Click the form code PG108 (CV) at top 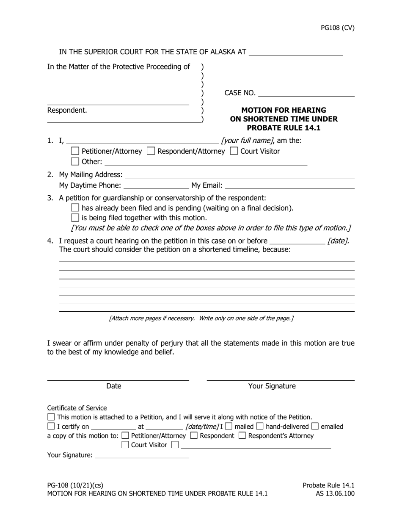click(x=337, y=28)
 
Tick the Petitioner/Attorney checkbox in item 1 click(x=75, y=151)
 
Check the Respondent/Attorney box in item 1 click(x=150, y=151)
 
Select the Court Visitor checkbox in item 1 click(x=234, y=151)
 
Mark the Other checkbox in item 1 click(x=75, y=161)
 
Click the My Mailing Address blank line click(x=240, y=175)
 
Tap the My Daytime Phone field click(x=156, y=185)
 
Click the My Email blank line click(x=290, y=185)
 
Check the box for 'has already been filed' click(x=75, y=208)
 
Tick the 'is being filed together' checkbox click(x=75, y=218)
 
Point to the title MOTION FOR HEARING click(x=284, y=110)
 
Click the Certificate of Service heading click(x=77, y=408)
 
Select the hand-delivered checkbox click(x=260, y=427)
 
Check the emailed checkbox click(x=315, y=427)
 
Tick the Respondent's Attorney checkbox click(x=242, y=435)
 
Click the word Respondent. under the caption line click(x=67, y=111)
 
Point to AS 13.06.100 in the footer click(x=335, y=493)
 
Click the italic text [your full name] click(x=247, y=141)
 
